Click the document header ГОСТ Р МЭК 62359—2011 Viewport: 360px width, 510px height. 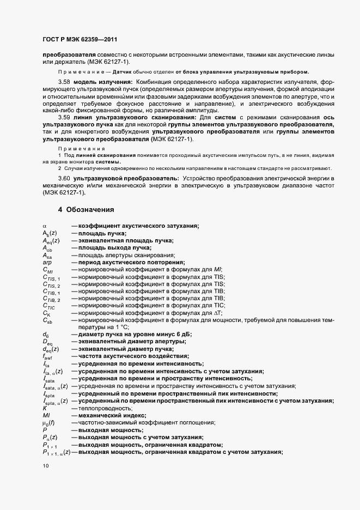coord(80,39)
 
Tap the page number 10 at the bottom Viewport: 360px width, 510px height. coord(45,466)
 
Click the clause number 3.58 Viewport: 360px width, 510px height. coord(64,81)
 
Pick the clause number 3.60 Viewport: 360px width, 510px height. coord(64,179)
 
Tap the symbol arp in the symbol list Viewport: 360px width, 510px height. coord(47,263)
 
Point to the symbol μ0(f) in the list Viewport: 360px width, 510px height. coord(49,422)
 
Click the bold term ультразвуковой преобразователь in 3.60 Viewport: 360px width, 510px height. coord(126,179)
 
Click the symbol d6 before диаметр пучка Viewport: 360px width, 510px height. coord(45,334)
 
